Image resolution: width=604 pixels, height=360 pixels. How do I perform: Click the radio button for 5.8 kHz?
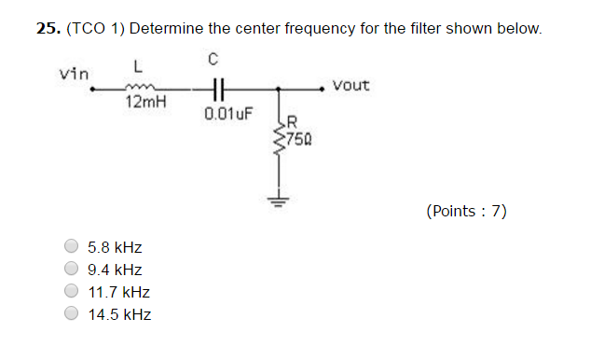[72, 247]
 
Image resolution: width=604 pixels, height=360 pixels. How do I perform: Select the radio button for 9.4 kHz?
[72, 270]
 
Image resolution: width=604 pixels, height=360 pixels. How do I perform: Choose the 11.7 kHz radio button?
[72, 292]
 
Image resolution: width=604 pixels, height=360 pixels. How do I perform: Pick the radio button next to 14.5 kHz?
[72, 314]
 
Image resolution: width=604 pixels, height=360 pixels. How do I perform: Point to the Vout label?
[350, 85]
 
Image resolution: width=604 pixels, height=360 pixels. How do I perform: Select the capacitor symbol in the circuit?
[215, 90]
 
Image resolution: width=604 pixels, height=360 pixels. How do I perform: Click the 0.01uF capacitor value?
[226, 116]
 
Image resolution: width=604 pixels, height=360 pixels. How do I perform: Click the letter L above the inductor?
[137, 66]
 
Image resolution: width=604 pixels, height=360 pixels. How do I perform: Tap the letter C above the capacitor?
[213, 60]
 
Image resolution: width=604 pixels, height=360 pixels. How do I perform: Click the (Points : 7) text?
[466, 211]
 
